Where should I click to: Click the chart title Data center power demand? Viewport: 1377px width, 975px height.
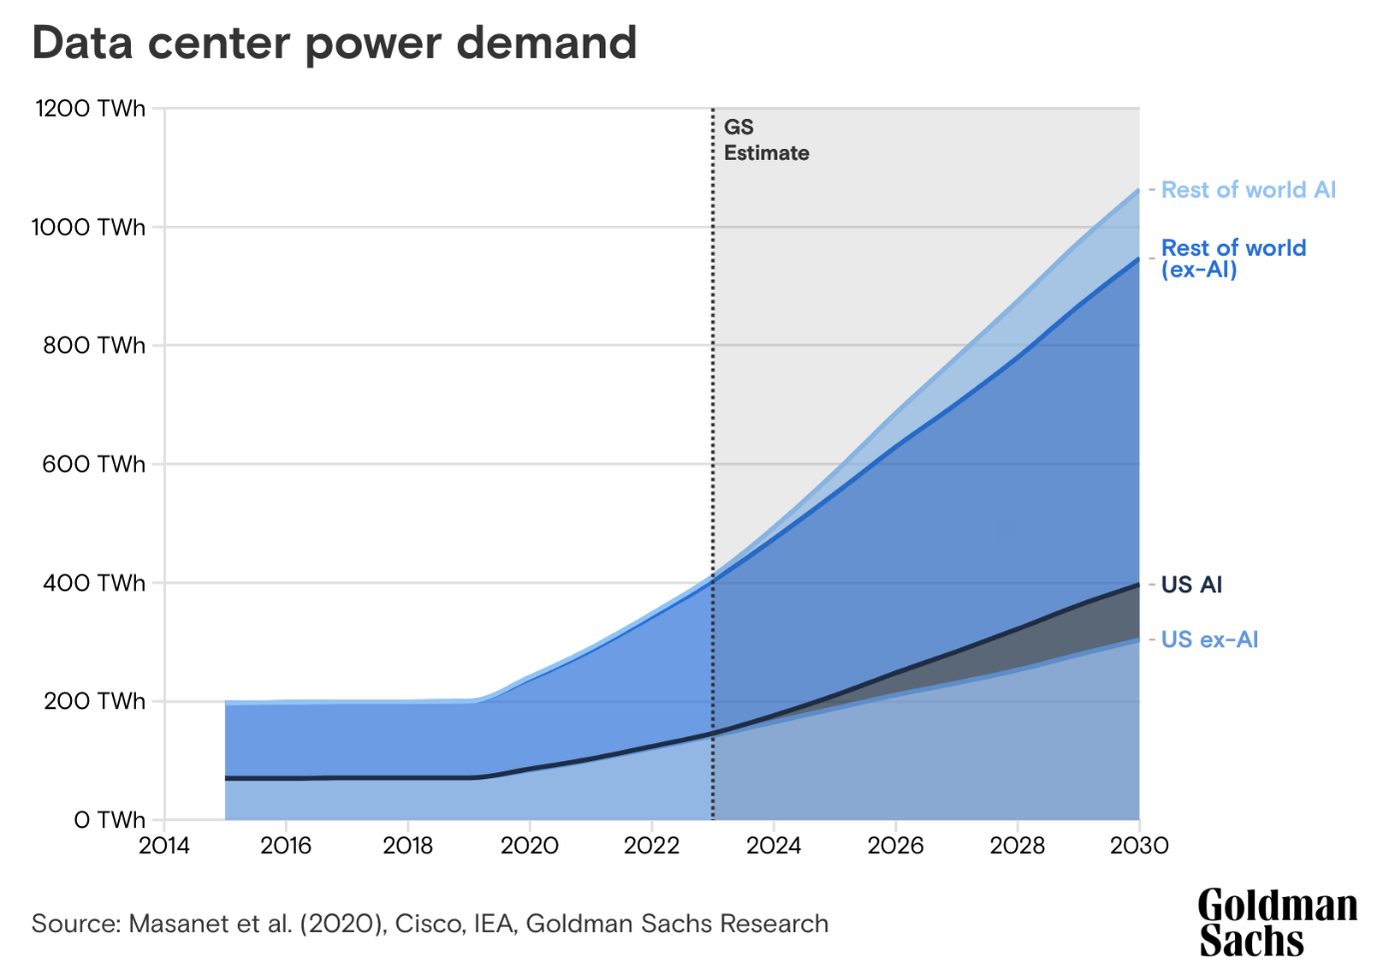pyautogui.click(x=334, y=43)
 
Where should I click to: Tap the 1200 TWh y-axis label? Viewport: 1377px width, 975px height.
pyautogui.click(x=90, y=109)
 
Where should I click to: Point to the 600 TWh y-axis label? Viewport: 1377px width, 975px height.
pyautogui.click(x=93, y=465)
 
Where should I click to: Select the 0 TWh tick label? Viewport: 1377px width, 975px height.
pyautogui.click(x=109, y=820)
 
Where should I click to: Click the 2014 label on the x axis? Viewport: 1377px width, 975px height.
pyautogui.click(x=164, y=846)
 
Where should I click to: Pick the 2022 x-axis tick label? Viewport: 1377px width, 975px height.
pyautogui.click(x=652, y=846)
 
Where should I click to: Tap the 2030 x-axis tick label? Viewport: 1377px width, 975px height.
pyautogui.click(x=1139, y=846)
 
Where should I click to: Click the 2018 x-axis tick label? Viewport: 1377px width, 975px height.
pyautogui.click(x=408, y=846)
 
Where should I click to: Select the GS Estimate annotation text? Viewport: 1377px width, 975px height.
pyautogui.click(x=765, y=140)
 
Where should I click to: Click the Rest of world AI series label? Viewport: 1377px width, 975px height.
pyautogui.click(x=1248, y=190)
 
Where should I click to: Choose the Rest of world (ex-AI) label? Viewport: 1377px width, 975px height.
pyautogui.click(x=1233, y=258)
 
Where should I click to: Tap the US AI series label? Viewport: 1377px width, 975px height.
pyautogui.click(x=1191, y=585)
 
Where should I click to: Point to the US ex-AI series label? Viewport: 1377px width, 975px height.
pyautogui.click(x=1209, y=639)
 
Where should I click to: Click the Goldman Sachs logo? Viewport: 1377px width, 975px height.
pyautogui.click(x=1276, y=922)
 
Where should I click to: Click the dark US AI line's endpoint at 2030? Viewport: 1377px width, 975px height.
pyautogui.click(x=1138, y=584)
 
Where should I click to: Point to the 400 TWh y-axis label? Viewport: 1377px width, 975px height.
pyautogui.click(x=93, y=583)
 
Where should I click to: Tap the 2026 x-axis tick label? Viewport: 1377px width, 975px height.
pyautogui.click(x=895, y=846)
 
